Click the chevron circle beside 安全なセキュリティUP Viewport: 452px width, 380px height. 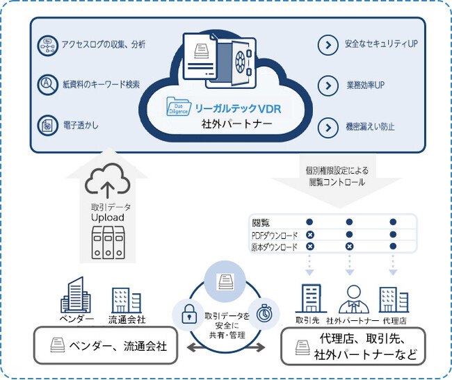[327, 46]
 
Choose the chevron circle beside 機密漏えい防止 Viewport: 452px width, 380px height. [327, 127]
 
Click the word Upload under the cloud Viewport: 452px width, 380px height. [107, 217]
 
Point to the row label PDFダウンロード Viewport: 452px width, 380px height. [275, 235]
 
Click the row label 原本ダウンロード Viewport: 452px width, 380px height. [275, 247]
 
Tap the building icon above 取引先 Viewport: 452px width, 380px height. [308, 298]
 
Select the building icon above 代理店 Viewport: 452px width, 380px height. [393, 299]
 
